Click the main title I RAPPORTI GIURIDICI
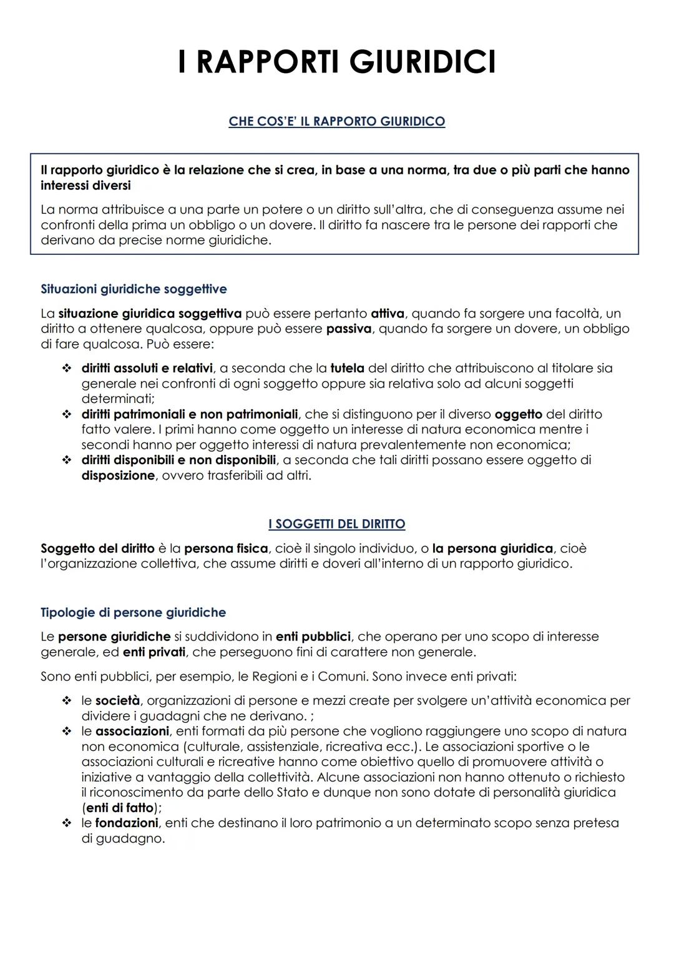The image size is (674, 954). tap(336, 62)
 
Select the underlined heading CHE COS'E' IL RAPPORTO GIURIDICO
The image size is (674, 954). tap(336, 121)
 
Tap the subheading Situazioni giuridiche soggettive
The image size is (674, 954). tap(134, 289)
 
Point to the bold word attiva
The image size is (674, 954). tap(387, 314)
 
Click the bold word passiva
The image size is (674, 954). tap(349, 329)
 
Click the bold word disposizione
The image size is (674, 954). tap(118, 475)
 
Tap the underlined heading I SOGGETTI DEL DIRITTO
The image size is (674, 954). tap(336, 524)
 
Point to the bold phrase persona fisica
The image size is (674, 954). tap(226, 549)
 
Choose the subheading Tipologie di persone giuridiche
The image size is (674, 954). tap(133, 613)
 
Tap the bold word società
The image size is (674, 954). tap(117, 701)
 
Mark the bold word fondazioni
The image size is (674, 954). tap(127, 823)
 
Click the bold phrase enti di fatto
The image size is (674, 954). tap(119, 808)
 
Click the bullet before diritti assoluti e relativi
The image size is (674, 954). tap(66, 369)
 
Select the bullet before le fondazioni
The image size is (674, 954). tap(66, 823)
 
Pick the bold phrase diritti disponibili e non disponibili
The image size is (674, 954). tap(178, 460)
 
